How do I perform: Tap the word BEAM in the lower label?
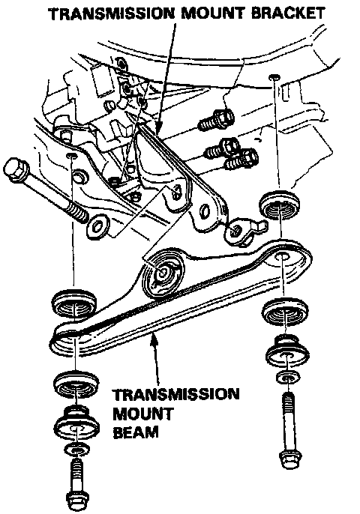point(136,432)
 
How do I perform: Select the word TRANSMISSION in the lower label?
point(176,394)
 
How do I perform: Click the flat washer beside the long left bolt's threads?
point(97,226)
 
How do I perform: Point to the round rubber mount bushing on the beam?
point(163,272)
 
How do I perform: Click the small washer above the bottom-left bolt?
point(76,450)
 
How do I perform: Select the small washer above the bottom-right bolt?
point(288,377)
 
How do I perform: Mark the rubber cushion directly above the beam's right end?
point(279,205)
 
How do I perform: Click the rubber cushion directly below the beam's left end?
point(76,385)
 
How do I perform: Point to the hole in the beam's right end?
point(281,256)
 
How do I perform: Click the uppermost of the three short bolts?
point(216,120)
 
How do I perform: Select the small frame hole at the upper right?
point(274,77)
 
